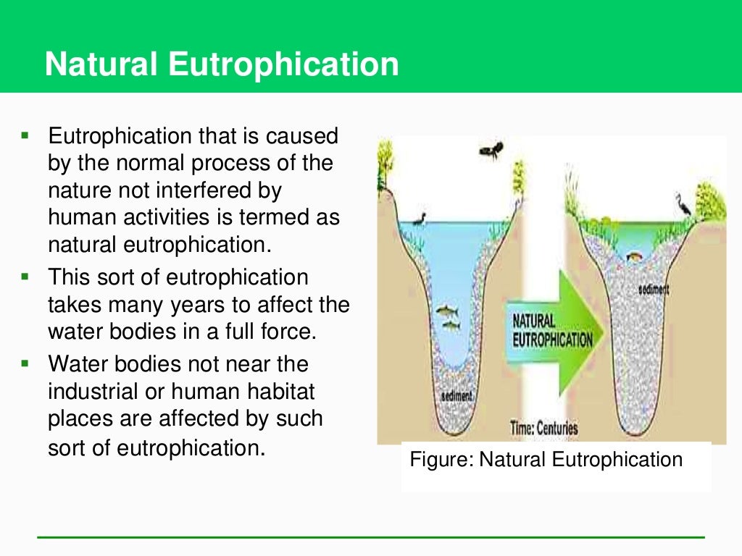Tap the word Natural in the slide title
click(x=101, y=64)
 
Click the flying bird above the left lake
click(x=492, y=151)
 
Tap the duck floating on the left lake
click(x=419, y=217)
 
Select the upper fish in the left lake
click(x=446, y=311)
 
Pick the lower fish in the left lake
click(x=451, y=325)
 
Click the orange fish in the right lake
click(x=635, y=255)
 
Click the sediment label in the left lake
click(x=457, y=396)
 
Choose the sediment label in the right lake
click(x=654, y=290)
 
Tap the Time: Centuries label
click(x=543, y=428)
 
